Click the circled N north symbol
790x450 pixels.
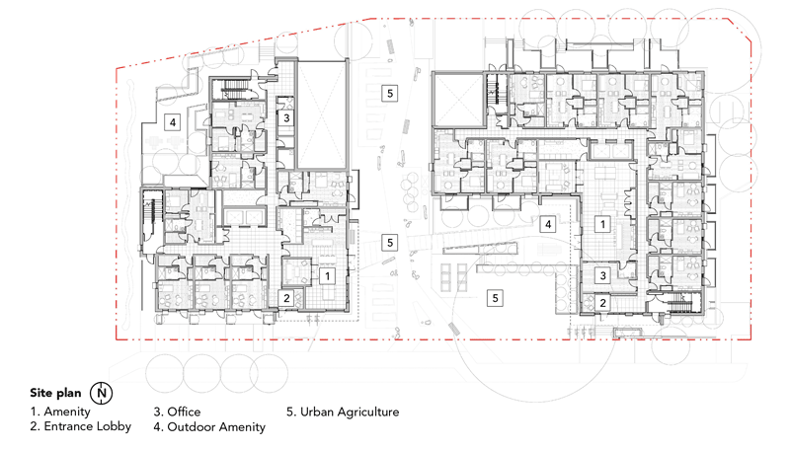102,393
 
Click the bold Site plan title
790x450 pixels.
55,393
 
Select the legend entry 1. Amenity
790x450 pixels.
60,412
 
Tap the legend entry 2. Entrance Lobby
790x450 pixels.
80,427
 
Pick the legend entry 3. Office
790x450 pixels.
177,412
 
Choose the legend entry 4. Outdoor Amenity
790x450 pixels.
209,427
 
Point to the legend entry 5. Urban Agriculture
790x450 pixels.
343,412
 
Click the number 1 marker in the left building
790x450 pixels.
328,276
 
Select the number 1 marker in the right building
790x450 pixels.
602,224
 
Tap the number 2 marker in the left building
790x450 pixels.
286,298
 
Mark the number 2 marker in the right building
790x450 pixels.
602,303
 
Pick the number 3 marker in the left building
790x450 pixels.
286,118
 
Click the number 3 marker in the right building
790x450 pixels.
602,275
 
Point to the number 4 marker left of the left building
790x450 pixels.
173,121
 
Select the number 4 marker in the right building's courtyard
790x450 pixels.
548,224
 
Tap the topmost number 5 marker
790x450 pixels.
389,93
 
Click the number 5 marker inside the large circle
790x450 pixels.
496,298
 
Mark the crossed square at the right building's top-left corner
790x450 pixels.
459,99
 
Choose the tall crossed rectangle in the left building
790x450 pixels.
322,114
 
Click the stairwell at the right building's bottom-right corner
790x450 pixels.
678,303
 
